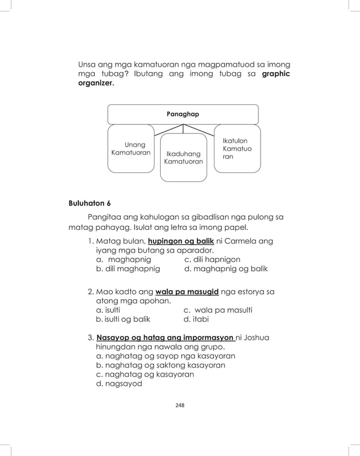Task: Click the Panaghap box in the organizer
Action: pyautogui.click(x=183, y=114)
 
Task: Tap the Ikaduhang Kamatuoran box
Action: pyautogui.click(x=183, y=158)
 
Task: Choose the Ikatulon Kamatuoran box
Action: pyautogui.click(x=237, y=148)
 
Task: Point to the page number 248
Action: pyautogui.click(x=180, y=405)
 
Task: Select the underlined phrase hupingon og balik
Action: pyautogui.click(x=180, y=241)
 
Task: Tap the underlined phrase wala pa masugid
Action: pyautogui.click(x=191, y=292)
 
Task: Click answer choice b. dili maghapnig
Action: pyautogui.click(x=128, y=269)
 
